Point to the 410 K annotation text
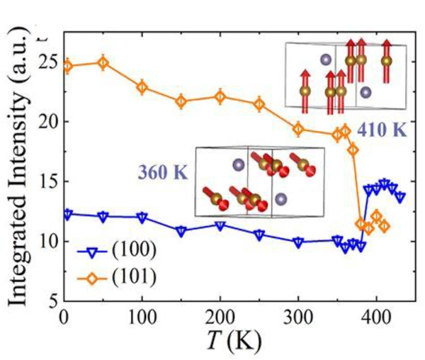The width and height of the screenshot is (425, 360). point(381,131)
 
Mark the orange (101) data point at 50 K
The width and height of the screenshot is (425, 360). point(103,62)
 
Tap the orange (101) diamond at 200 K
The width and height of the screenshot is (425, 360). point(220,97)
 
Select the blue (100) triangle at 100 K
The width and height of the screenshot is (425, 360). point(142,218)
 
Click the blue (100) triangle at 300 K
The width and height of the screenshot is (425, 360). point(297,242)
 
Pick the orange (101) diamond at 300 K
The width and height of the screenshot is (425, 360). point(297,129)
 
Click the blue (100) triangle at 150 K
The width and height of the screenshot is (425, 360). point(181,232)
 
